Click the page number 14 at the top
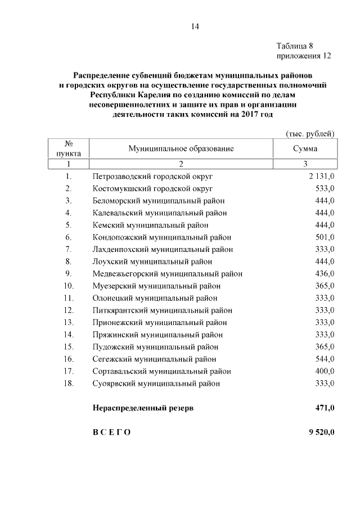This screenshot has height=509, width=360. [195, 26]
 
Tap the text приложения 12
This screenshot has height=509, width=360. [303, 56]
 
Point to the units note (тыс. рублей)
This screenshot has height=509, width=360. [310, 134]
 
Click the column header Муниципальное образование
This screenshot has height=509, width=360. [181, 149]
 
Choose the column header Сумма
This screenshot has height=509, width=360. [305, 149]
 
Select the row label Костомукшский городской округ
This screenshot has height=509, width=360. [153, 188]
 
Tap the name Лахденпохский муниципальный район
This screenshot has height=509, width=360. [163, 249]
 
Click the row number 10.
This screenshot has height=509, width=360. [69, 286]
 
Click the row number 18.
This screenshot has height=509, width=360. [69, 384]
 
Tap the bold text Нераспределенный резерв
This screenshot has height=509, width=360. [143, 408]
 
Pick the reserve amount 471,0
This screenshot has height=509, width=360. [325, 408]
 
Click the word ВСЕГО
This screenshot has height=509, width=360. [111, 433]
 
